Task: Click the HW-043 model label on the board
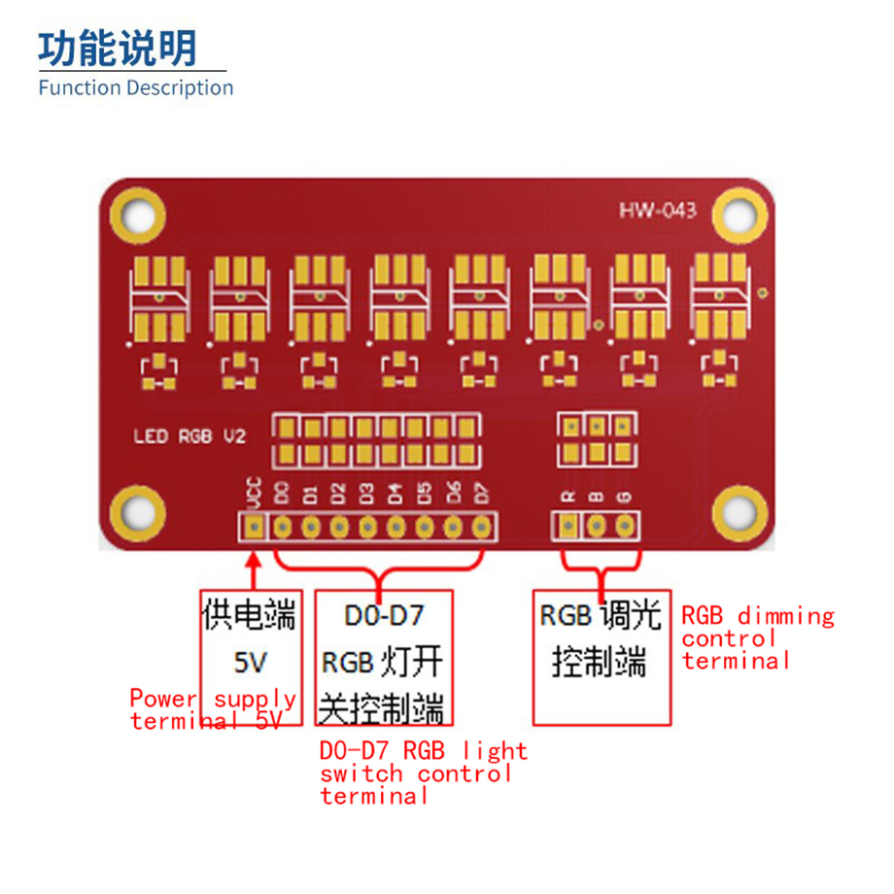[x=658, y=211]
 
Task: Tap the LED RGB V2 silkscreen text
[x=189, y=436]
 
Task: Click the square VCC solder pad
[x=254, y=527]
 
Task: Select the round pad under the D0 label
[x=282, y=527]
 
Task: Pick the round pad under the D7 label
[x=482, y=527]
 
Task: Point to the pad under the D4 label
[x=396, y=527]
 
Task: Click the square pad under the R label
[x=567, y=525]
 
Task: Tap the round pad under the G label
[x=625, y=525]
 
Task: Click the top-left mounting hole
[x=138, y=216]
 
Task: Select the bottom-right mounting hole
[x=739, y=512]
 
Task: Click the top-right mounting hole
[x=739, y=216]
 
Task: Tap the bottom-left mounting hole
[x=138, y=513]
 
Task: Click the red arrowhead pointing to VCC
[x=254, y=560]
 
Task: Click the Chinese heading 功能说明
[x=118, y=49]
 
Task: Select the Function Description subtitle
[x=136, y=87]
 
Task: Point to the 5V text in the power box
[x=251, y=663]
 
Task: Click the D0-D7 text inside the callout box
[x=384, y=616]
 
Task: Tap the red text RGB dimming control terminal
[x=758, y=638]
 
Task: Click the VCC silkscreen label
[x=254, y=492]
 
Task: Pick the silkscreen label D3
[x=367, y=494]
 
